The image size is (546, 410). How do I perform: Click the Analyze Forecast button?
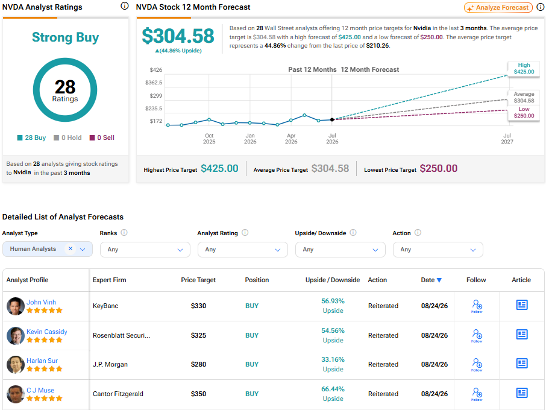[498, 7]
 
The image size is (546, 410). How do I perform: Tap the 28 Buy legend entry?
[31, 137]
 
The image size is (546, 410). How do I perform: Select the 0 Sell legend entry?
[102, 137]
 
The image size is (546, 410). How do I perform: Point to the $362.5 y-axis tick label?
[154, 83]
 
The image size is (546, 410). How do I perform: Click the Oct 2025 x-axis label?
[209, 139]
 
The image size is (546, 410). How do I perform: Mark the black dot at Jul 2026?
[332, 119]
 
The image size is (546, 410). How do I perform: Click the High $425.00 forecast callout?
[524, 69]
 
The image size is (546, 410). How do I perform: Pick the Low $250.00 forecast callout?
[524, 113]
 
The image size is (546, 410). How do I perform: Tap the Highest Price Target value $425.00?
[219, 169]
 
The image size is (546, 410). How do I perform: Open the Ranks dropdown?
[145, 250]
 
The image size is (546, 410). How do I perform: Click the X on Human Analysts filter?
[71, 248]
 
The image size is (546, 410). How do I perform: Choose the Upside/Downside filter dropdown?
[340, 250]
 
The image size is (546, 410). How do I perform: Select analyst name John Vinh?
[41, 302]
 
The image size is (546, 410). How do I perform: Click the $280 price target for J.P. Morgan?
[198, 364]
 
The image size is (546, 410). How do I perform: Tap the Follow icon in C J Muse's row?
[477, 394]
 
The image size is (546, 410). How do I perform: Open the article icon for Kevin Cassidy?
[522, 335]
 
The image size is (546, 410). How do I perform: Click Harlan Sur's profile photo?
[15, 364]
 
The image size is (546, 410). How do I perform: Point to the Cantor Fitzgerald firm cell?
[118, 394]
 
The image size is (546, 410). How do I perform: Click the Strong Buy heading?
[66, 37]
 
